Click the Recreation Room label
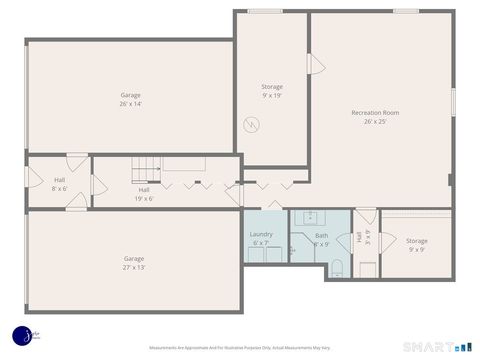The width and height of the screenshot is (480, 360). coord(375,113)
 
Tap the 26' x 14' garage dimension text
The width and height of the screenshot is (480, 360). coord(131,104)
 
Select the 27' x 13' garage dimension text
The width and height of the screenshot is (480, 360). coord(134,267)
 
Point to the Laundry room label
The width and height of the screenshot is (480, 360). coord(261,234)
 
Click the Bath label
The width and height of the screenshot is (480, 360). coord(321,235)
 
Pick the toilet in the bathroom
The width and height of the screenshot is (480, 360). coord(338,267)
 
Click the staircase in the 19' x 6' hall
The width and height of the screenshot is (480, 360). coord(148,170)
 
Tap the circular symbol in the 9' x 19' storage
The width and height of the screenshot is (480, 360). coord(255,125)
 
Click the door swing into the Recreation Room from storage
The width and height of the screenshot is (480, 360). coord(316,64)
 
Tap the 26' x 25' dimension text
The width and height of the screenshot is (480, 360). coord(375,122)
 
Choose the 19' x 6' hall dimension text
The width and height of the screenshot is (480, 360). coord(145,198)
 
